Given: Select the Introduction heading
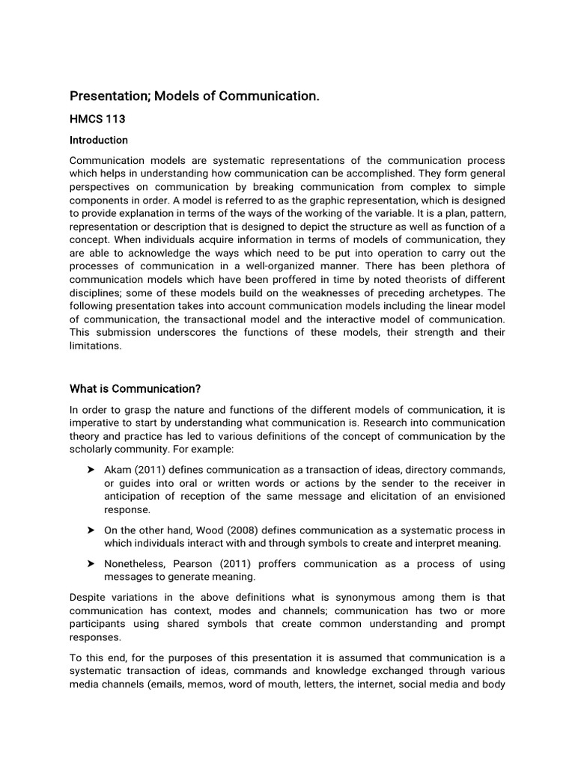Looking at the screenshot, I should click(99, 140).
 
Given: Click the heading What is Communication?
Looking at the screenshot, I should click(136, 388).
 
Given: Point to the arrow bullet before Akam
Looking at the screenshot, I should click(91, 469).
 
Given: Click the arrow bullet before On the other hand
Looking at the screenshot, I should click(91, 530).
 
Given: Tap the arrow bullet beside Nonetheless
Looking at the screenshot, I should click(91, 563).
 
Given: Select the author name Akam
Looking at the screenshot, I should click(118, 469).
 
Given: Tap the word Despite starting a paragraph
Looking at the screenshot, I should click(88, 597).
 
